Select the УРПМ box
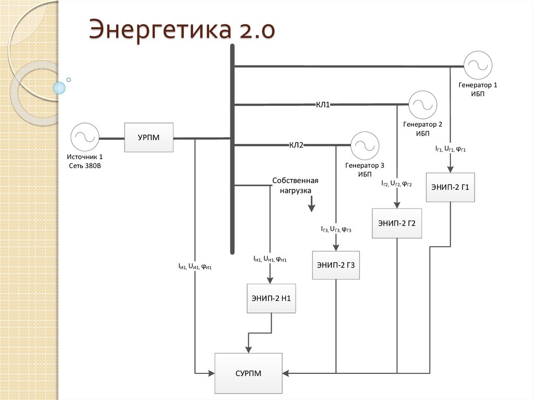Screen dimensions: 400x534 pos(149,138)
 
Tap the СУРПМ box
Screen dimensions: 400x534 pos(248,373)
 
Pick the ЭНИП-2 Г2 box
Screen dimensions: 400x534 pos(396,223)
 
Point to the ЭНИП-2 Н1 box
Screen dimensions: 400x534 pos(271,298)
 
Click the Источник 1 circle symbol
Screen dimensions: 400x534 pos(84,138)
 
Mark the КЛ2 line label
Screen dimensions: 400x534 pos(296,145)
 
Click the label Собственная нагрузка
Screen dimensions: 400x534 pos(295,185)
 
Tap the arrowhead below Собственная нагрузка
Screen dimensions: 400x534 pos(311,208)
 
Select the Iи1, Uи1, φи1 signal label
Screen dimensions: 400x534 pos(196,266)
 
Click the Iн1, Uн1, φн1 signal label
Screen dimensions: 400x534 pos(270,259)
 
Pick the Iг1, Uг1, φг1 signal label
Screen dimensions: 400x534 pos(451,149)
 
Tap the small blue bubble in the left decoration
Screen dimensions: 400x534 pos(60,88)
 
